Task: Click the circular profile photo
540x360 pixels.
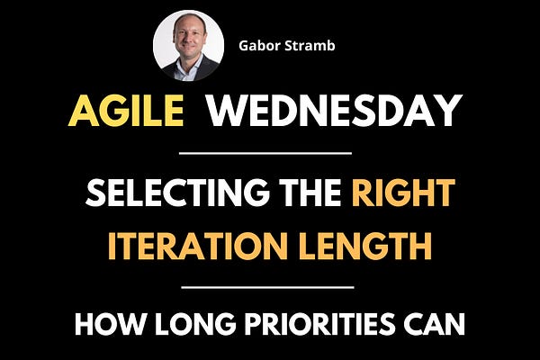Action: (x=188, y=45)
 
